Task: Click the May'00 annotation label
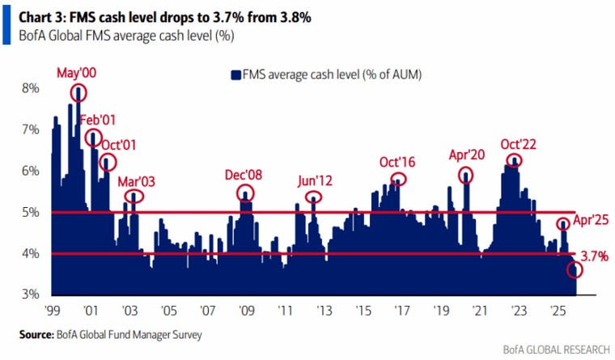pos(76,73)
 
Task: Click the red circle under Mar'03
pos(134,195)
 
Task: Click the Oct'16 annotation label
pos(397,162)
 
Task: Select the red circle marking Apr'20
pos(466,175)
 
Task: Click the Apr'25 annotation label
pos(590,218)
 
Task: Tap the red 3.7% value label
pos(594,256)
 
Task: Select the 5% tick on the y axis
pos(30,213)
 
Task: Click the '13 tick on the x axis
pos(324,310)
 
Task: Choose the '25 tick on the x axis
pos(558,310)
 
